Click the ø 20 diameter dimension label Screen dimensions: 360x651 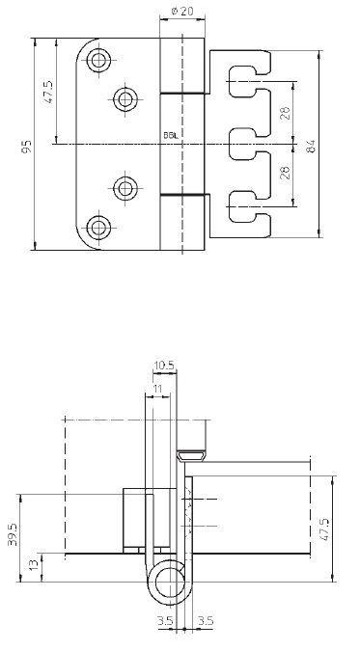182,11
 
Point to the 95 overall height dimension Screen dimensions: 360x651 27,147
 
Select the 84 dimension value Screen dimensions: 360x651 310,147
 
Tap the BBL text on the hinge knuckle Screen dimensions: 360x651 171,135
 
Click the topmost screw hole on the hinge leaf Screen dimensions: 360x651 98,60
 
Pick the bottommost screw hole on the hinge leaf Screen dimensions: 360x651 98,228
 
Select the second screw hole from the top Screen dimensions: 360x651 125,99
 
